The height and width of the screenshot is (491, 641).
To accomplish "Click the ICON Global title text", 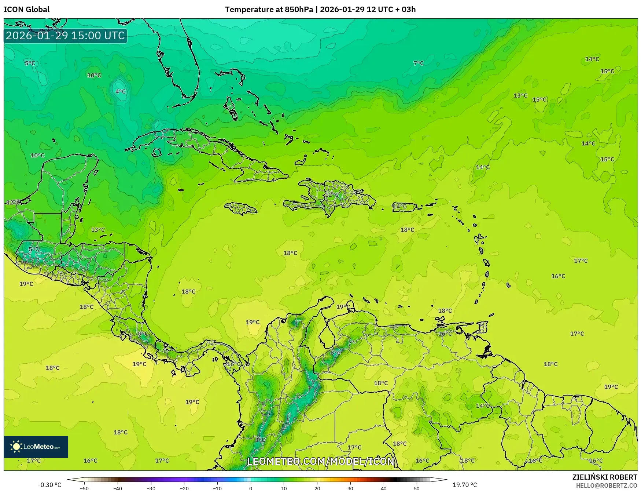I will [26, 10].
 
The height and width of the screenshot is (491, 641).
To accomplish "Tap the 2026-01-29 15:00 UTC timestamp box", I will [65, 36].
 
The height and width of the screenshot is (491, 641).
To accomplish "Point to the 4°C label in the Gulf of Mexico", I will [120, 91].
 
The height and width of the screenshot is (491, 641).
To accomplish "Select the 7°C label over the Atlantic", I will [418, 63].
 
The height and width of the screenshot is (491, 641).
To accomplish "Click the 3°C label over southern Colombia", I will [260, 440].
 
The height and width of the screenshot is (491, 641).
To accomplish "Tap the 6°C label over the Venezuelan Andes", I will [335, 353].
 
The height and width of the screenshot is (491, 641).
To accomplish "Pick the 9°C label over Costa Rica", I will [143, 334].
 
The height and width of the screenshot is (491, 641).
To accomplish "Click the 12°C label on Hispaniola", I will [332, 195].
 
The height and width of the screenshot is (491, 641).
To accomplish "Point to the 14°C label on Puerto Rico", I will [400, 206].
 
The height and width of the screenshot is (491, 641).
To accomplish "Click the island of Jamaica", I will [241, 209].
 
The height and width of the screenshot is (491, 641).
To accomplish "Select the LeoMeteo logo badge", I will [36, 447].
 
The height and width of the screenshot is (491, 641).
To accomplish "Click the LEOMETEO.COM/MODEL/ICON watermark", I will [321, 461].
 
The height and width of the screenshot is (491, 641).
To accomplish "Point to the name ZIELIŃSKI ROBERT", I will [605, 477].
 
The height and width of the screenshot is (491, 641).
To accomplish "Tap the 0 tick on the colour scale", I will [251, 488].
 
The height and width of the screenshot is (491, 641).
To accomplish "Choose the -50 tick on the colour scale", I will [84, 488].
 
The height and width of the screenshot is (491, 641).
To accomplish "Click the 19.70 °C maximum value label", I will [465, 485].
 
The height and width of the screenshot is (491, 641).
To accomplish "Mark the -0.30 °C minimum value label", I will [49, 485].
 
